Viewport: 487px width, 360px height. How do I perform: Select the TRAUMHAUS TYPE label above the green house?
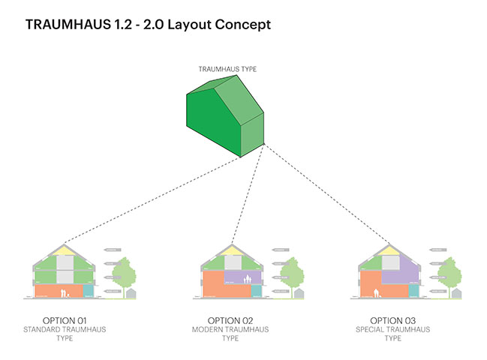pos(227,69)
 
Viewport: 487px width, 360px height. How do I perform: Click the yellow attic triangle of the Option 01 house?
pos(65,250)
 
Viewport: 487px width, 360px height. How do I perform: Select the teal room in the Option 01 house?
pos(89,290)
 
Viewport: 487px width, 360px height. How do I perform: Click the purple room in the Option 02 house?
pos(242,278)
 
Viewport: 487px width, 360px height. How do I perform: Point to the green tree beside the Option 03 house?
pos(446,273)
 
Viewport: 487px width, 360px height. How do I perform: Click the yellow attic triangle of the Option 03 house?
pos(390,250)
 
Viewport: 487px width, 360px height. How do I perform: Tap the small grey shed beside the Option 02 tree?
pos(298,292)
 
